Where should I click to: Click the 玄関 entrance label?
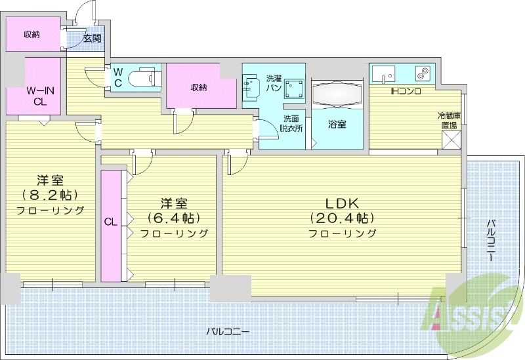pyautogui.click(x=92, y=38)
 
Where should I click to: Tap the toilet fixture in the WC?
pyautogui.click(x=145, y=77)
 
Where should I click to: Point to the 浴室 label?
pyautogui.click(x=337, y=124)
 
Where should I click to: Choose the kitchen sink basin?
pyautogui.click(x=385, y=75)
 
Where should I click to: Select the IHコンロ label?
pyautogui.click(x=406, y=90)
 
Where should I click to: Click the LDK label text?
pyautogui.click(x=342, y=202)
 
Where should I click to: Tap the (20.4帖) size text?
pyautogui.click(x=342, y=218)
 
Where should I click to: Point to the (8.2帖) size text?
pyautogui.click(x=51, y=195)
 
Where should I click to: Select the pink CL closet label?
pyautogui.click(x=110, y=222)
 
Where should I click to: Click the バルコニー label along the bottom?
pyautogui.click(x=227, y=332)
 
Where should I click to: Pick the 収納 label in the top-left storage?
pyautogui.click(x=32, y=34)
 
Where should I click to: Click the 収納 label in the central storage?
pyautogui.click(x=200, y=87)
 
